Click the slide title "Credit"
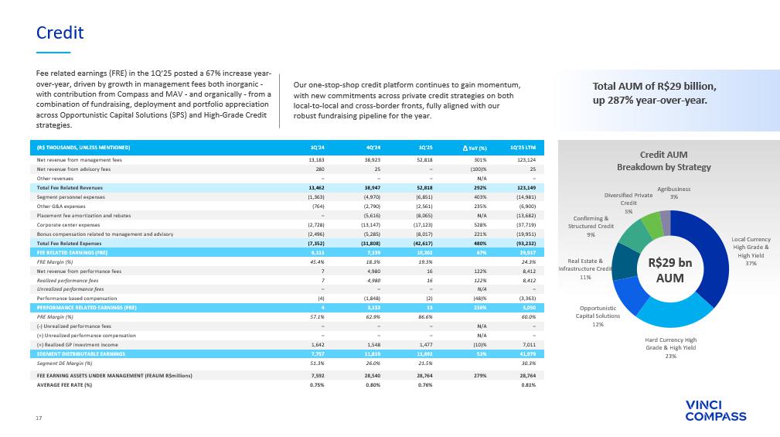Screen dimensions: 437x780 pos(60,32)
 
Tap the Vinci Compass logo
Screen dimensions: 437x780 pos(716,411)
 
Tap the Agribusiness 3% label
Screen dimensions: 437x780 pos(674,193)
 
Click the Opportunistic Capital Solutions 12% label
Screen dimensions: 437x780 pos(599,316)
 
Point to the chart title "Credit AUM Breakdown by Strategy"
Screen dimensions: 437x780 pos(663,161)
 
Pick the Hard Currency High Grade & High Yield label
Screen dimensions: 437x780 pos(670,347)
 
